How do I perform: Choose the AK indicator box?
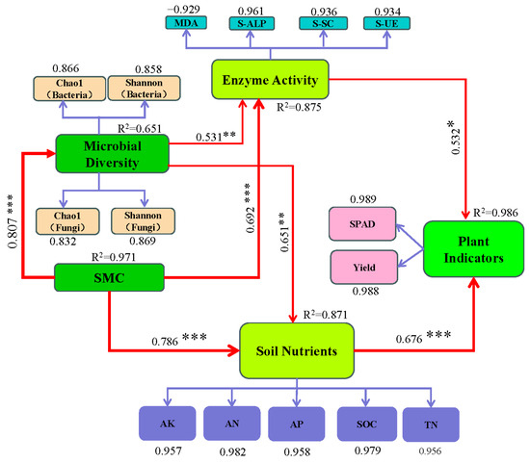pos(168,423)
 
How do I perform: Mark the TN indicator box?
pos(429,423)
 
